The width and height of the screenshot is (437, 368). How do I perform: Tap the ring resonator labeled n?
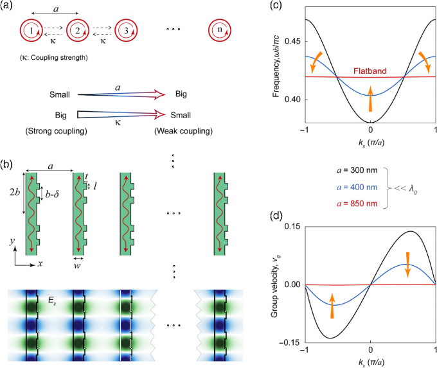[x=222, y=30]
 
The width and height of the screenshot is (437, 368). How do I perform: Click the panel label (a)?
[x=8, y=7]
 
